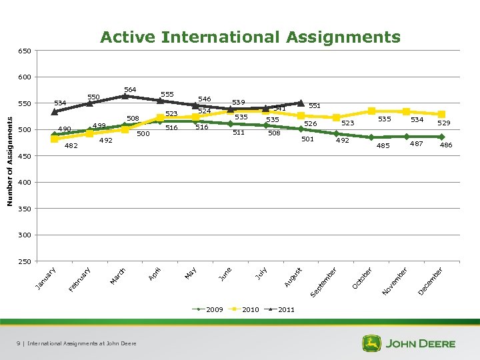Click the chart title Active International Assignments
click(x=250, y=37)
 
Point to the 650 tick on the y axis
click(x=24, y=51)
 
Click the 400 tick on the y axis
click(x=24, y=183)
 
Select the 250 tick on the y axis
click(x=24, y=262)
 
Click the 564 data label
click(x=130, y=89)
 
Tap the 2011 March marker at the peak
click(x=125, y=96)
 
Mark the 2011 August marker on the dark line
click(x=301, y=103)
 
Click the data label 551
click(x=315, y=105)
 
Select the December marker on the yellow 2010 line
click(x=441, y=114)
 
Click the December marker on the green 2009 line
click(x=441, y=137)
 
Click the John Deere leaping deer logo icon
click(x=371, y=343)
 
